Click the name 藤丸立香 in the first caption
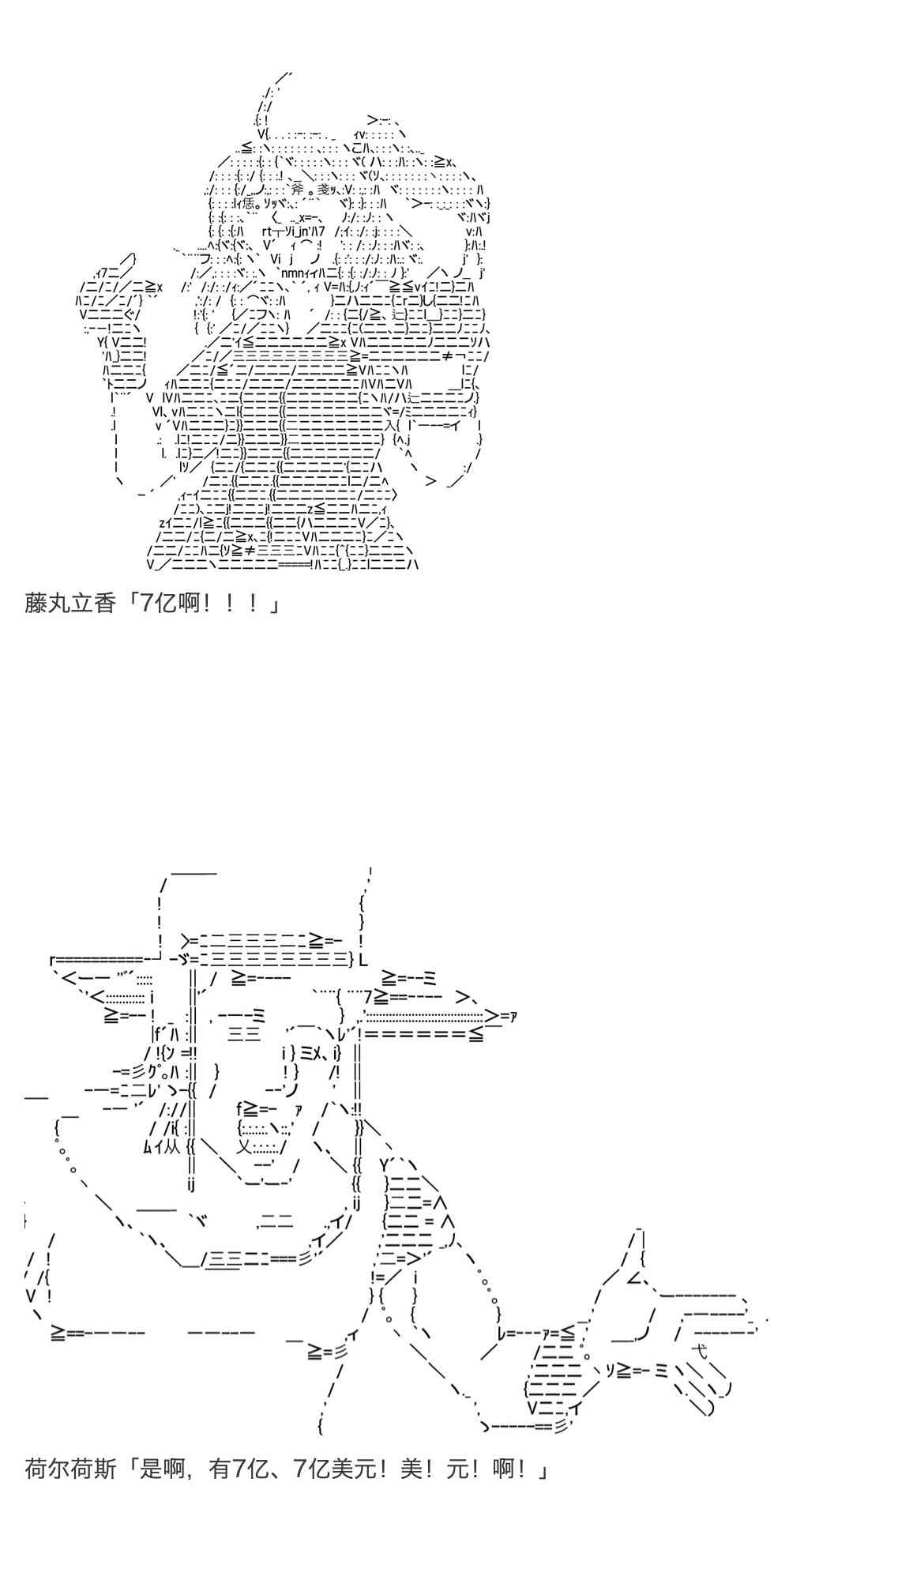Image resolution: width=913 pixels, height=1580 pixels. [70, 604]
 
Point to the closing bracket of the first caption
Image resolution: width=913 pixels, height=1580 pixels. [274, 604]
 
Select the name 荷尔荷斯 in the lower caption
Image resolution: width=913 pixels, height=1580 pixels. [70, 1469]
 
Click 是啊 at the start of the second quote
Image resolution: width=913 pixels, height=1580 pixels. [163, 1469]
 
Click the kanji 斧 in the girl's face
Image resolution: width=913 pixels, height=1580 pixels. [297, 190]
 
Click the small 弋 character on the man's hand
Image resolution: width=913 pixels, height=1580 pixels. [698, 1349]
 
